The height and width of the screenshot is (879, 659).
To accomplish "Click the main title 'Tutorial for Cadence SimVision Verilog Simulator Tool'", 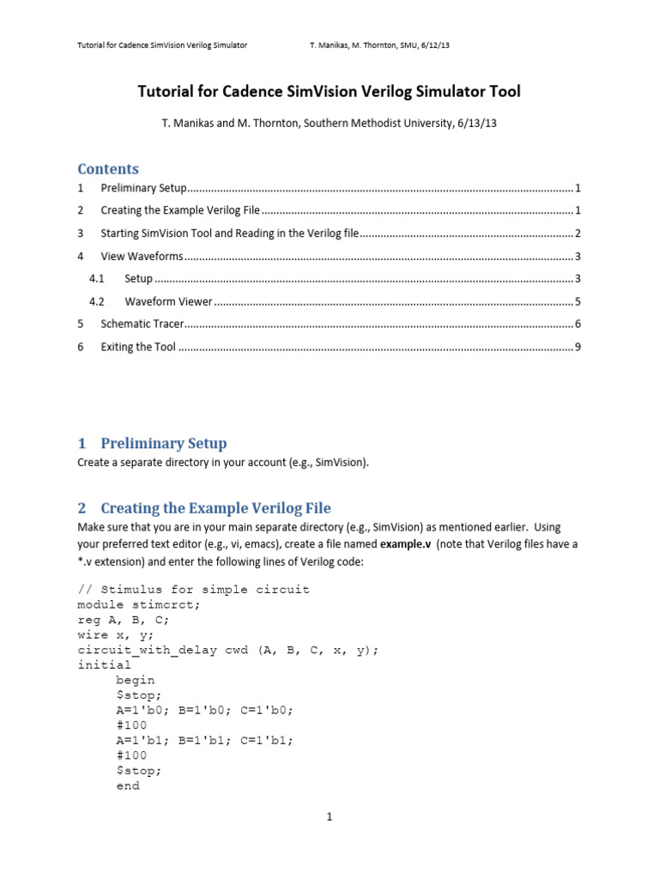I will [x=329, y=91].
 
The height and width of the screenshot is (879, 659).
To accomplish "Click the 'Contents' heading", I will [x=108, y=169].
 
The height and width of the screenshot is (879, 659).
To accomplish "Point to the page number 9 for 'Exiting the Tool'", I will [x=579, y=347].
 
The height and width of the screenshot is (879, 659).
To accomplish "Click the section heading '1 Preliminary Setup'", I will [x=153, y=444].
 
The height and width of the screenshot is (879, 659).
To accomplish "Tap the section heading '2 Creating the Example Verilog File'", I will [x=204, y=508].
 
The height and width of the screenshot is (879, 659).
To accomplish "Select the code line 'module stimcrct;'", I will [x=138, y=604].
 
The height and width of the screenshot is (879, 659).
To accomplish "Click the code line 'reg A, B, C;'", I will [x=124, y=620].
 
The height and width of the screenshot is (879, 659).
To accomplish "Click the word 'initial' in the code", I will [x=105, y=664].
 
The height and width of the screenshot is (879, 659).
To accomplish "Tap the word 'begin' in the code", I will [x=135, y=680].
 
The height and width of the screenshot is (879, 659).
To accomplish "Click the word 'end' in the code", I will [x=128, y=785].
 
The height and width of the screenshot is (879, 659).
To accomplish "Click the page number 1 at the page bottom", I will [x=329, y=816].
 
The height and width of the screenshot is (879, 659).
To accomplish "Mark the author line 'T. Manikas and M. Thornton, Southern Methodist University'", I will [x=329, y=124].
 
